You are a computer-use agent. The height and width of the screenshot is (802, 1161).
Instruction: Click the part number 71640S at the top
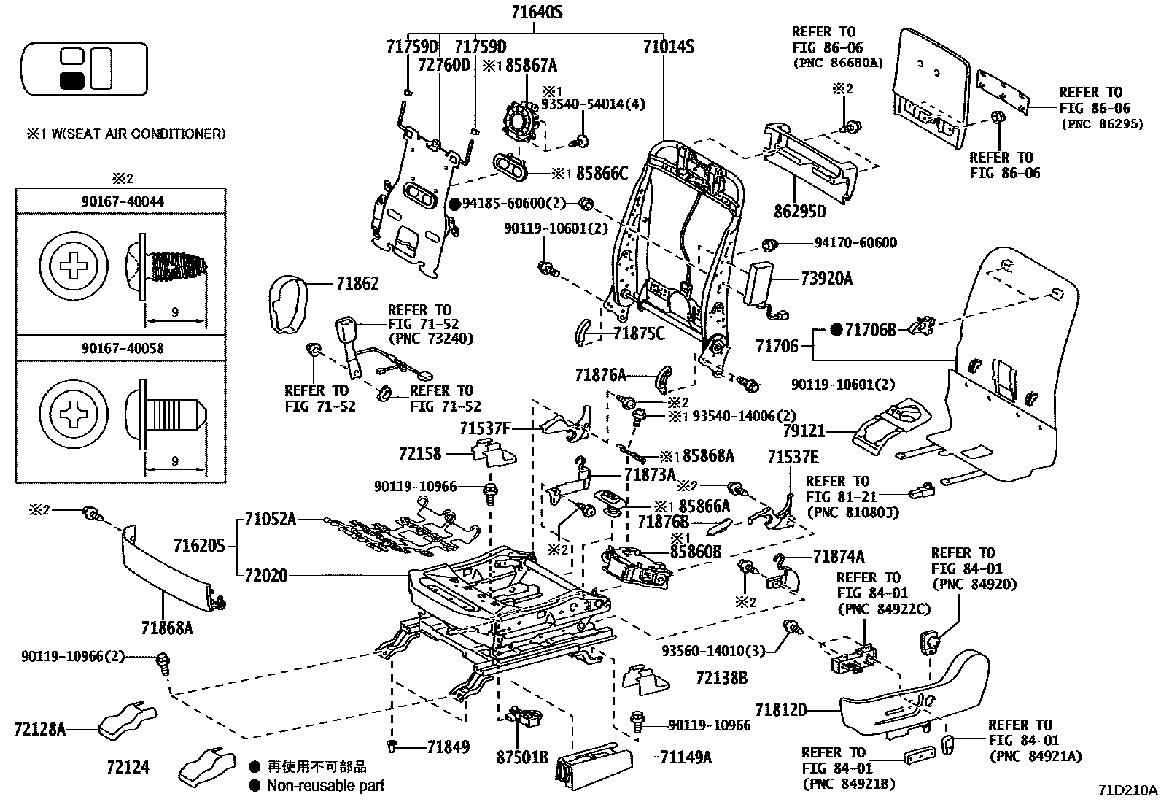537,12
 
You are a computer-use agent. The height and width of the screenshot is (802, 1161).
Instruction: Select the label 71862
357,284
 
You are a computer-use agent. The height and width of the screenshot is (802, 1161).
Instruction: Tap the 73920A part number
826,279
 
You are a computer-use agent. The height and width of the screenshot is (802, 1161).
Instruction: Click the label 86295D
800,212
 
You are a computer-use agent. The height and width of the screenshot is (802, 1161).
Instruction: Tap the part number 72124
128,767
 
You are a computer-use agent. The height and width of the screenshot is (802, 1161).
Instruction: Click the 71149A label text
686,758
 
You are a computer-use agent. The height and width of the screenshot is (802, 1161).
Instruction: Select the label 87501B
522,758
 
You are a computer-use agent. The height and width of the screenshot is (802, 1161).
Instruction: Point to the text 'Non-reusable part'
325,786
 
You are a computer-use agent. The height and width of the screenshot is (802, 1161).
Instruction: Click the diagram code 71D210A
1127,790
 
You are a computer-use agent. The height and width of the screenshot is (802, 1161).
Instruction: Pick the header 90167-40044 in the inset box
123,201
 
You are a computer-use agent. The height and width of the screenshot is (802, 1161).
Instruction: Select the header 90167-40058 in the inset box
123,348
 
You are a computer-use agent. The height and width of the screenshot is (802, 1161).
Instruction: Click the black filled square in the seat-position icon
72,81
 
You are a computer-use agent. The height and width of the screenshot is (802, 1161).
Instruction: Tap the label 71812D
780,709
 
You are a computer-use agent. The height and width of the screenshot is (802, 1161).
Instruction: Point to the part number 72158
420,454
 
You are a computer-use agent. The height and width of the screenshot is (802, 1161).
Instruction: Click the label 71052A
270,520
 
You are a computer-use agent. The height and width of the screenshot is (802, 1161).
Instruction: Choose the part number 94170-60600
855,243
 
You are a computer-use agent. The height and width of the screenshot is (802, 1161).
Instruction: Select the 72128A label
40,730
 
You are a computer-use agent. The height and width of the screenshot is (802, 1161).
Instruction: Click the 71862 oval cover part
288,304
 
